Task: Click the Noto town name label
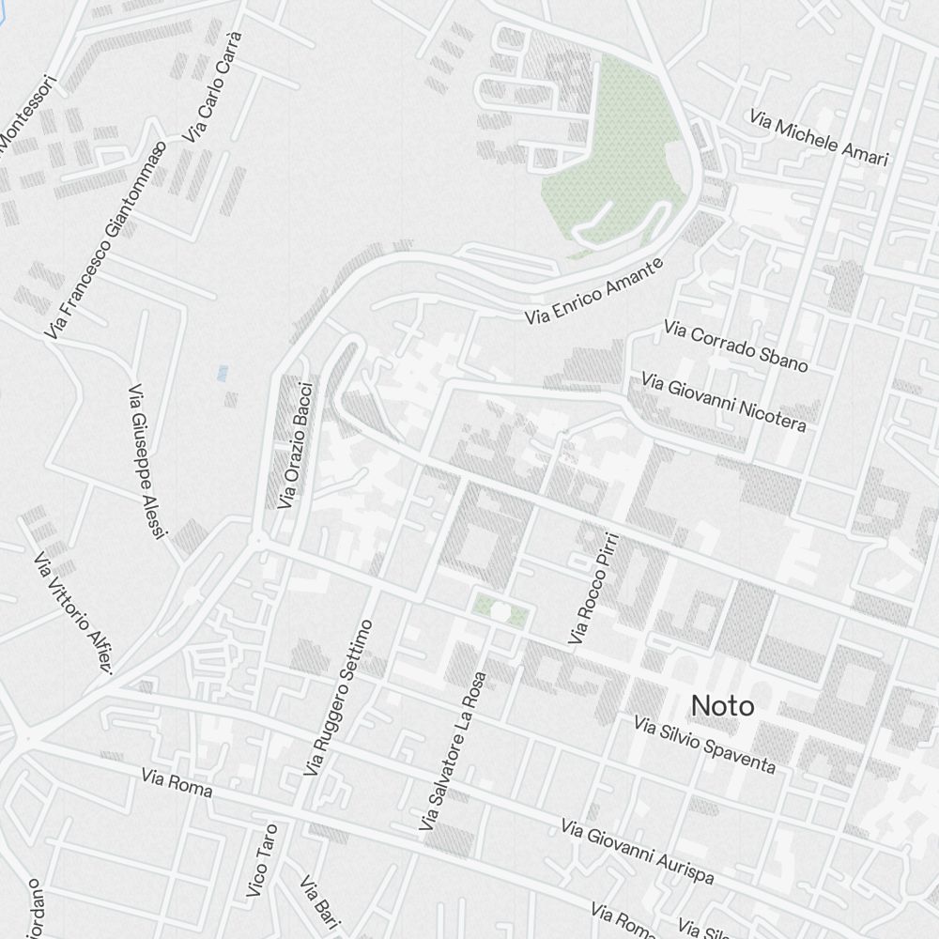(722, 705)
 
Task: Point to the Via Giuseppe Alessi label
(146, 461)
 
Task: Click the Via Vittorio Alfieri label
(73, 613)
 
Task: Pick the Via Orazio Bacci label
(294, 443)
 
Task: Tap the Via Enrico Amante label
(594, 291)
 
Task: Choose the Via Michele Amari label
(819, 138)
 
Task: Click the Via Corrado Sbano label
(735, 345)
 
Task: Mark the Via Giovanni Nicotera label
(724, 401)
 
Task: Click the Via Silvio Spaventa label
(705, 746)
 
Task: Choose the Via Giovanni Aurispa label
(638, 852)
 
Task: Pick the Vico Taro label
(262, 860)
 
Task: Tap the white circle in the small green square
(500, 612)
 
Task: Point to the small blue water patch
(223, 373)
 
